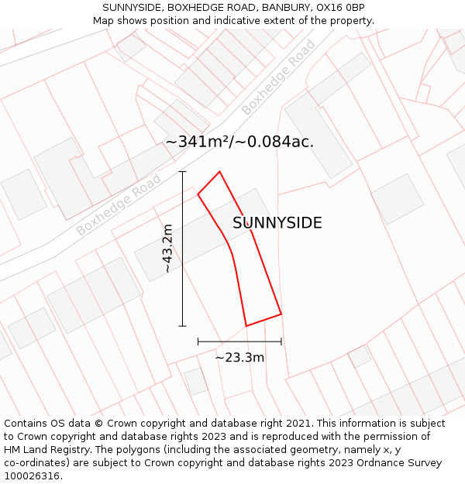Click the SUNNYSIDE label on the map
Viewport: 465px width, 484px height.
(x=277, y=223)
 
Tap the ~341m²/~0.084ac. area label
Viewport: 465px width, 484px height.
(x=239, y=142)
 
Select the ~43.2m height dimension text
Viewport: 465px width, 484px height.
(x=167, y=249)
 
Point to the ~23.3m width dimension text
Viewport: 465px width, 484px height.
(x=239, y=357)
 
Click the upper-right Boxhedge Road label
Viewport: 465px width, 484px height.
(x=278, y=77)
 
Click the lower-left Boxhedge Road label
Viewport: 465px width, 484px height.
(x=119, y=205)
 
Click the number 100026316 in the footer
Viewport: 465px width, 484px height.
(x=32, y=475)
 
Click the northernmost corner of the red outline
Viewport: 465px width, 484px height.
(x=219, y=172)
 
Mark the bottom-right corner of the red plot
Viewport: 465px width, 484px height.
(x=281, y=314)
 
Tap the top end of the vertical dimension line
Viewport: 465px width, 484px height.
(x=183, y=171)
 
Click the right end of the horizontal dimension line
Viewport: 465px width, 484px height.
(x=281, y=342)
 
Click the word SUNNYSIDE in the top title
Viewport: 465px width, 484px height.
(x=133, y=8)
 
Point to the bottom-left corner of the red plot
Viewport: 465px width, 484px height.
(x=246, y=325)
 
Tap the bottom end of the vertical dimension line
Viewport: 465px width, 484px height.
(x=183, y=326)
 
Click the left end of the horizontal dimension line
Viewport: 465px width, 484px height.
(x=198, y=342)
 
